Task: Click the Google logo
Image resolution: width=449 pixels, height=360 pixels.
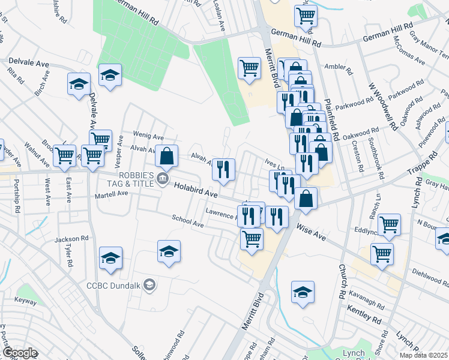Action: pos(20,353)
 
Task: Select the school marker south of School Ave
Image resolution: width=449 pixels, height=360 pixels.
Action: pos(110,258)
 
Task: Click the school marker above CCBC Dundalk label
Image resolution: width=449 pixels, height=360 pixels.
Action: pos(169,251)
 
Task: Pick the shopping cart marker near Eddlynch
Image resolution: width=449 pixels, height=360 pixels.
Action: pos(389,224)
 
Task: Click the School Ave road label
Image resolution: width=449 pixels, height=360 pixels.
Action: pos(188,221)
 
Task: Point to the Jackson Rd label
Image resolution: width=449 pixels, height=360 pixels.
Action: pos(67,239)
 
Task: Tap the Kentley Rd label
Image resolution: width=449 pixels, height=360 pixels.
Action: pos(364,315)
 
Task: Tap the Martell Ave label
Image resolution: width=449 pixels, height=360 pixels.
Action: pos(111,194)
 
